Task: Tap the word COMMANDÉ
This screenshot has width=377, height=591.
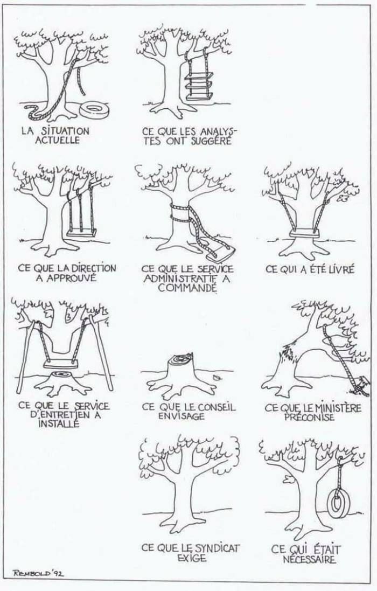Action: (x=187, y=288)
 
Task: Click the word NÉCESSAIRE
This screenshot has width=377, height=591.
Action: (x=309, y=560)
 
